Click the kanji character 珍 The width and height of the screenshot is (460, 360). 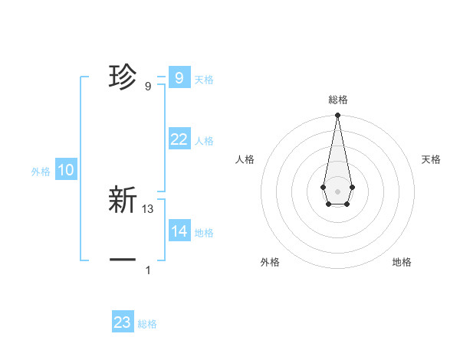tap(123, 77)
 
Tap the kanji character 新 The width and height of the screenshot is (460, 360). tap(123, 200)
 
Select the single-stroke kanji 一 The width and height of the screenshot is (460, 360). tap(123, 260)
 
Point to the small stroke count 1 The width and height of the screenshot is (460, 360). tap(148, 270)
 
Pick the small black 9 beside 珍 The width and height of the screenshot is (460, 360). tap(148, 86)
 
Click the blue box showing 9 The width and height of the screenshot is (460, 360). tap(179, 77)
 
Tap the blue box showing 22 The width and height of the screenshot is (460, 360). tap(179, 139)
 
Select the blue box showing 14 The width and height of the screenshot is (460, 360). tap(179, 231)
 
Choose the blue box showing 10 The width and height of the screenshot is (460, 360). tap(66, 171)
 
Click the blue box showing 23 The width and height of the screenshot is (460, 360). tap(123, 322)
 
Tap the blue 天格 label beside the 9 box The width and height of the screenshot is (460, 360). tap(204, 79)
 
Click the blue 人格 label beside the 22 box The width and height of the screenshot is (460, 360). tap(204, 141)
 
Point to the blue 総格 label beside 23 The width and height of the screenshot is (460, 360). tap(148, 324)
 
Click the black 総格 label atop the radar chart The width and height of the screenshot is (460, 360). tap(337, 100)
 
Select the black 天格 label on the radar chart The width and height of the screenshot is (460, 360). tap(431, 159)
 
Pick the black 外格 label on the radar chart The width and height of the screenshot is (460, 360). tap(270, 262)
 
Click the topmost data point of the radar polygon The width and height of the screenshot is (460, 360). tap(337, 116)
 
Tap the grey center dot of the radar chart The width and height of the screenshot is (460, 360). tap(337, 191)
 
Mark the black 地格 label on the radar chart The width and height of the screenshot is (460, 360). tap(402, 262)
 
